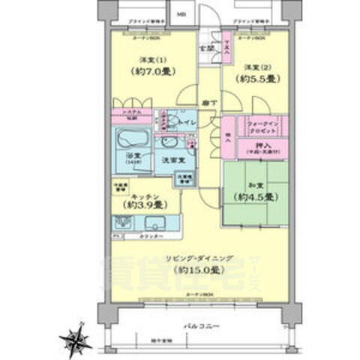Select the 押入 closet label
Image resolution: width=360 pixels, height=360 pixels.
tap(258, 145)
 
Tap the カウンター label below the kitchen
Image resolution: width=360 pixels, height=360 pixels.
tap(152, 235)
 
